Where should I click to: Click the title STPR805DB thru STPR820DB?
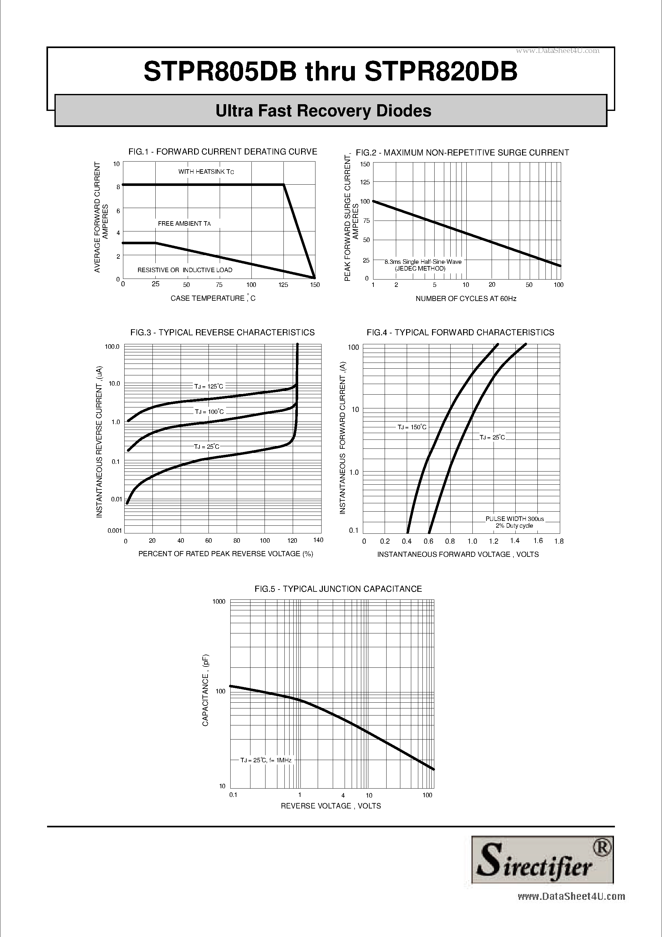331,72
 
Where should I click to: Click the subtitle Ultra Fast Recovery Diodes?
323,111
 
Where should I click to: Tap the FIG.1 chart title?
223,152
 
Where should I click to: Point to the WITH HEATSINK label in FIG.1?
206,172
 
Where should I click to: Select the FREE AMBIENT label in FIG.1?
184,224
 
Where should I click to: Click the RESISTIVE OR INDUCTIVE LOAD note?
185,270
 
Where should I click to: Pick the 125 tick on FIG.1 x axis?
283,285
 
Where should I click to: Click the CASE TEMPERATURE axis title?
213,298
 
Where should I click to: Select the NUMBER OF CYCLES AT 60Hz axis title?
466,299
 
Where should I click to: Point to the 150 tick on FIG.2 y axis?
365,164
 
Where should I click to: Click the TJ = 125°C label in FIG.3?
209,386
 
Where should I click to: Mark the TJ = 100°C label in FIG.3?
209,412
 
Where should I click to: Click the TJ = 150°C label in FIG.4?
412,427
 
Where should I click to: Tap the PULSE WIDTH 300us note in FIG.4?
514,519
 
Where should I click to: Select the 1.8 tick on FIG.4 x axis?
559,541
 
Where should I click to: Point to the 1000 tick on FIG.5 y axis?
219,602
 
